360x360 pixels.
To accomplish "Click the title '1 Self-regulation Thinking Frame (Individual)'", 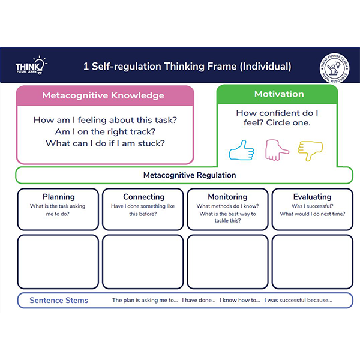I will (187, 67).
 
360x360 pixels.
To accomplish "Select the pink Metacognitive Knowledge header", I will (103, 95).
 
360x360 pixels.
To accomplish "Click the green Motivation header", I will (278, 94).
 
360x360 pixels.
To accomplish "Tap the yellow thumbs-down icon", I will (311, 150).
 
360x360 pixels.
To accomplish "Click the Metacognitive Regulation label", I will (190, 175).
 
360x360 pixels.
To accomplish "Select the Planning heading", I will (58, 197).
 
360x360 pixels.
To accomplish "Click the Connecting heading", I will (143, 197).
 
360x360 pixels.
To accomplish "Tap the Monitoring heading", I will (227, 197).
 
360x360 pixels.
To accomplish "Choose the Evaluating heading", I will (312, 197).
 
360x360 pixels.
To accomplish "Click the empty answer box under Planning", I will (58, 261).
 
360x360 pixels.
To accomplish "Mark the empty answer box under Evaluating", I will (312, 261).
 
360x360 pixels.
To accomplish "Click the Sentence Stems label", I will (59, 300).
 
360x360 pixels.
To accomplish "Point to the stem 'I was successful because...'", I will (299, 301).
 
